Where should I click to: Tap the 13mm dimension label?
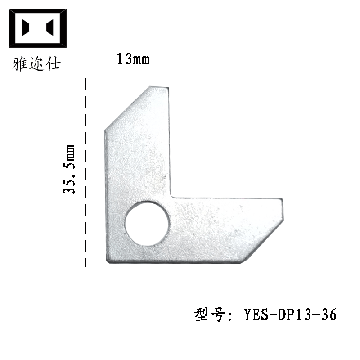click(133, 59)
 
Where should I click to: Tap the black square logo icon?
click(38, 28)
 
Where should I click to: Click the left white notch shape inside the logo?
click(27, 28)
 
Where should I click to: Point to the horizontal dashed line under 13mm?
click(130, 72)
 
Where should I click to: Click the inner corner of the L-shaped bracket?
click(171, 197)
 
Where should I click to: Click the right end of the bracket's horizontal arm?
click(282, 211)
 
